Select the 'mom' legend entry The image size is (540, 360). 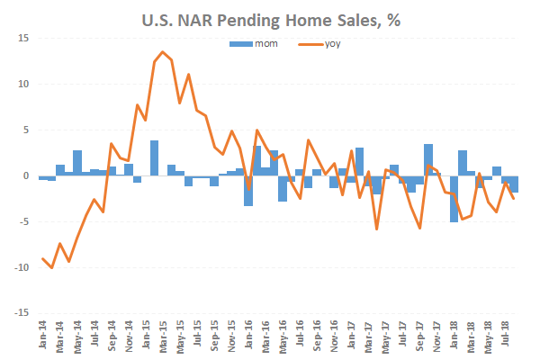point(256,42)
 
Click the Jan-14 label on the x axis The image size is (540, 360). point(44,335)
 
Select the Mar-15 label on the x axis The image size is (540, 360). point(164,335)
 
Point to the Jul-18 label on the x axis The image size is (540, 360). point(506,335)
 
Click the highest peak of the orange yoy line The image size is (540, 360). point(163,52)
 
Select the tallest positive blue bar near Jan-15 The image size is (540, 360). point(155,158)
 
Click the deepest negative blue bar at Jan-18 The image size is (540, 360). point(454,198)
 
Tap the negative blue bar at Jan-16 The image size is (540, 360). point(248,190)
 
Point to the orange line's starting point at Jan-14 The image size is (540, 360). point(43,259)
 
